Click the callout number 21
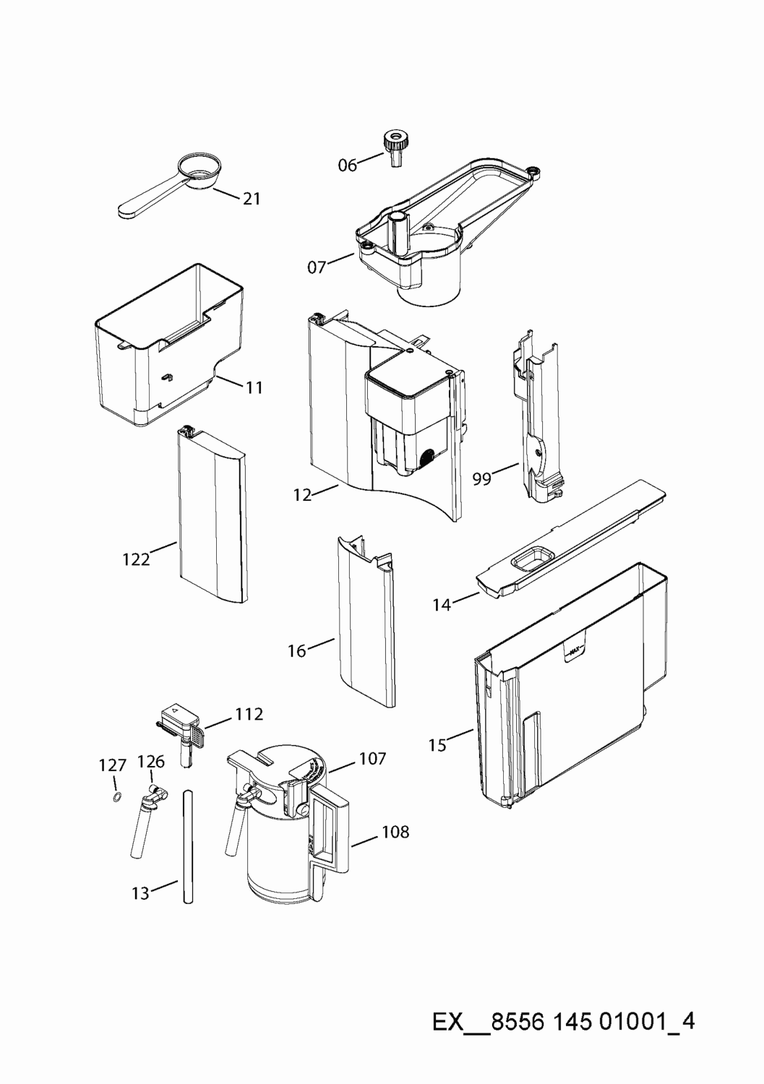tap(251, 199)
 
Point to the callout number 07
tap(317, 267)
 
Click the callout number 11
tap(253, 387)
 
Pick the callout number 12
tap(302, 495)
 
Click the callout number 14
tap(442, 604)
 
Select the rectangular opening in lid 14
tap(533, 557)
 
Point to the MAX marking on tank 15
tap(575, 651)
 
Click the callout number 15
tap(437, 744)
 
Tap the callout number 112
tap(249, 714)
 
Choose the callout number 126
tap(151, 761)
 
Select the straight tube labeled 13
tap(189, 846)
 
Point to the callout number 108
tap(395, 832)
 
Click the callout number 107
tap(372, 758)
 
